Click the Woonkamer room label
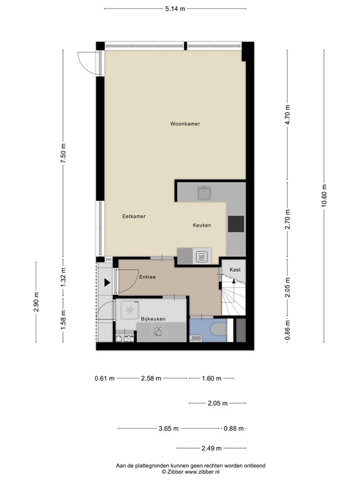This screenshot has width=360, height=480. coord(185,124)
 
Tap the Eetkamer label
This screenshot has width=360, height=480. coord(134,216)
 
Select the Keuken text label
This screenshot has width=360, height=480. coord(202,225)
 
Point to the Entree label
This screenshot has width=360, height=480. coord(147,277)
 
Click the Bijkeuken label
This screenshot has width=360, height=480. coord(153,319)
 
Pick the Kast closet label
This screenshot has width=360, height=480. coord(235,270)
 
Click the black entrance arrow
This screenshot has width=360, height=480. coord(107,282)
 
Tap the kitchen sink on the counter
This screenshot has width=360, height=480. coord(205,193)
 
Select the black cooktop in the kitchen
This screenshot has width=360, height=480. coord(236,224)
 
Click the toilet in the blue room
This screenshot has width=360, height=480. coord(219,329)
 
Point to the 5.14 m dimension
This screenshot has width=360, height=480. coord(175,9)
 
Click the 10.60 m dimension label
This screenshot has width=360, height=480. coord(324,195)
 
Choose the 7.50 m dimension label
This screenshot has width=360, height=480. coord(63,154)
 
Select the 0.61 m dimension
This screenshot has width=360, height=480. coord(105,378)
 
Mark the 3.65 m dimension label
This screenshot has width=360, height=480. coord(168,429)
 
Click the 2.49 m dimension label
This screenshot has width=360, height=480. coord(211,449)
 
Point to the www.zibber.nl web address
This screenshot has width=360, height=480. coord(202,472)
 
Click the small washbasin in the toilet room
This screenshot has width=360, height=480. coord(195,338)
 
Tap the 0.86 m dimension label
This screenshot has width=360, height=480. coord(287,329)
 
